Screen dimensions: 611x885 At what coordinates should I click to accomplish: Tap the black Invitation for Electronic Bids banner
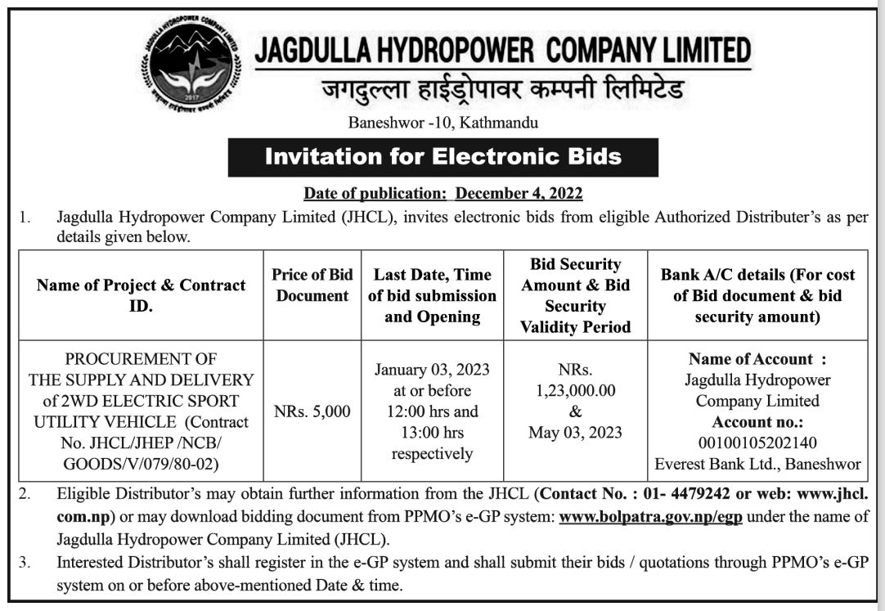(442, 156)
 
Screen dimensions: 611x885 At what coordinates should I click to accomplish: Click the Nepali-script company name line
(501, 91)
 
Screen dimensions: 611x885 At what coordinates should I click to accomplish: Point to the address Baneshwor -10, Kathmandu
(443, 124)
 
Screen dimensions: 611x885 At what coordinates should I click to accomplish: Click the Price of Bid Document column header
(312, 285)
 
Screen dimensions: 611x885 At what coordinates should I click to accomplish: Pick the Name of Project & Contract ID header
(141, 294)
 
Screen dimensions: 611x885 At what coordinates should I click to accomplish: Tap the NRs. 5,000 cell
(312, 411)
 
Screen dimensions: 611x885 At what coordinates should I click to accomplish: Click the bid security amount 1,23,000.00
(576, 391)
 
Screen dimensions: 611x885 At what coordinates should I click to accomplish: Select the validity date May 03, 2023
(575, 432)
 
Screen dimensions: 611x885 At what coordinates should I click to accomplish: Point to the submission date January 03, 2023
(432, 370)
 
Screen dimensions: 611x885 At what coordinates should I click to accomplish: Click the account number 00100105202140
(757, 443)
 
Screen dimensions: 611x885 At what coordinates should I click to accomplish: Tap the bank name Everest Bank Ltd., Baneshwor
(757, 464)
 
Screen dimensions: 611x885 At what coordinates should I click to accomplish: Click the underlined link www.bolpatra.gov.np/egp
(650, 517)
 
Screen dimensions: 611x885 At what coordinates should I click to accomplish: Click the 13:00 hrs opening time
(431, 432)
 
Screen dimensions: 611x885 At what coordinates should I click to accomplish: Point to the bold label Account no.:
(757, 422)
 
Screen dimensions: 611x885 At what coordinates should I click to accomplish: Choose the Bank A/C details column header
(757, 294)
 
